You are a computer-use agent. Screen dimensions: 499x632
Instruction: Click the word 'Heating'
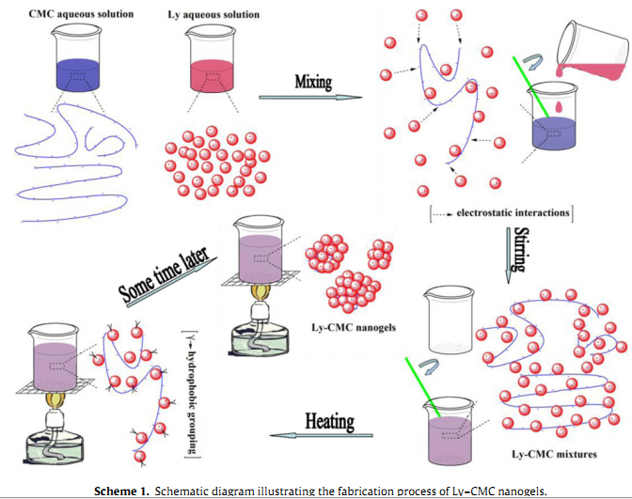(329, 421)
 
